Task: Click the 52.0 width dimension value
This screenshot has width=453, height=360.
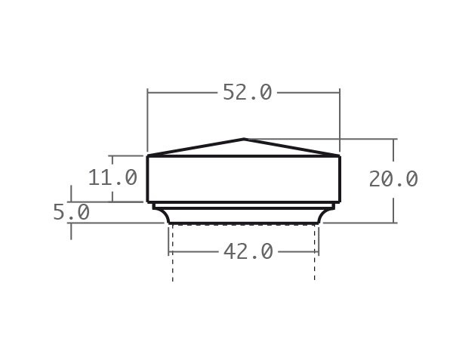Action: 247,92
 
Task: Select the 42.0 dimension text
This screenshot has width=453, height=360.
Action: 248,251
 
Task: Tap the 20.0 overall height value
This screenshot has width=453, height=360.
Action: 393,179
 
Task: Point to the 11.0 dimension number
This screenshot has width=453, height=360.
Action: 112,178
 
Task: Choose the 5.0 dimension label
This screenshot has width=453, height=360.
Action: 71,213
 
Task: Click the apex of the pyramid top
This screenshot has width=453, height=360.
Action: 244,139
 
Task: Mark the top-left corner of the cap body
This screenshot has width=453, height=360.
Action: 147,156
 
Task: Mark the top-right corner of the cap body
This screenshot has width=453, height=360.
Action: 340,156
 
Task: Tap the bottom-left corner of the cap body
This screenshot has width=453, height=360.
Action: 147,202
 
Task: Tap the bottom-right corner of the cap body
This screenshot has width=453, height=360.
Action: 340,202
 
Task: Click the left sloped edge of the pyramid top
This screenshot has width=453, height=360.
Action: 196,147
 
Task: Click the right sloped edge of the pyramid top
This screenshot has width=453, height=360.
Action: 292,147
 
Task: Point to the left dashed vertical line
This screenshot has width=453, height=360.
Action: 173,257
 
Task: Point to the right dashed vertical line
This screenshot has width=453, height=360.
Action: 315,257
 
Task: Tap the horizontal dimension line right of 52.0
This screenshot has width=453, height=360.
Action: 306,92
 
